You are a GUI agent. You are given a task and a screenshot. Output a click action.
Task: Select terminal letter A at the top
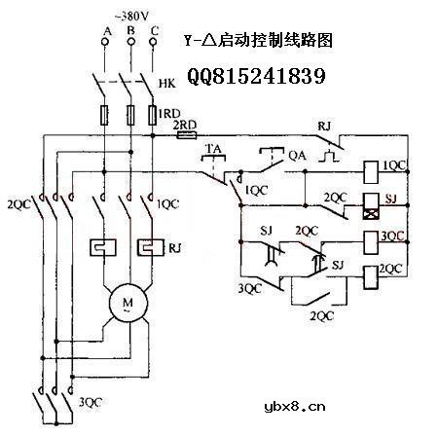tap(104, 31)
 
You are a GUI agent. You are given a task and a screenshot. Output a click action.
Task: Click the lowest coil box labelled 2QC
tap(371, 273)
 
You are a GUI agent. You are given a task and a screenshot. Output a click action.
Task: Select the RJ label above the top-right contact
tap(324, 127)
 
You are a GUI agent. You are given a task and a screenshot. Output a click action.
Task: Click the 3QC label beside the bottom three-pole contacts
tap(89, 402)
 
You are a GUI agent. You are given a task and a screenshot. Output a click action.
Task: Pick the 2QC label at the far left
tap(18, 205)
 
